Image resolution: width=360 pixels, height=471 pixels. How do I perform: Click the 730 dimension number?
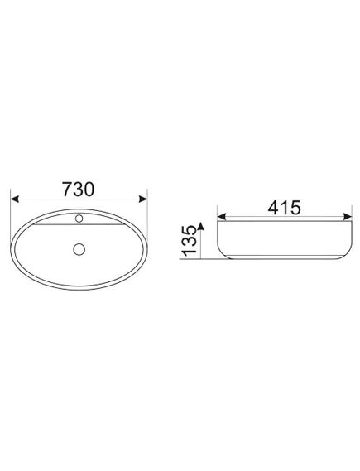click(x=78, y=189)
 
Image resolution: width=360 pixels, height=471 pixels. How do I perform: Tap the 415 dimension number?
click(x=284, y=208)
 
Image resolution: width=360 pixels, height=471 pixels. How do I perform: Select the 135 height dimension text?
click(x=190, y=241)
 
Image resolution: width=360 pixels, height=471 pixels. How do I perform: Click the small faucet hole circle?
click(x=79, y=219)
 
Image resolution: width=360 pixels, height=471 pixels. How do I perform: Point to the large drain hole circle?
click(x=79, y=249)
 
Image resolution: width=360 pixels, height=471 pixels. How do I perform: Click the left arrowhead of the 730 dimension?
click(x=15, y=199)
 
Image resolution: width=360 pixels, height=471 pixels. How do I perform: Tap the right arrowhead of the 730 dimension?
click(x=143, y=199)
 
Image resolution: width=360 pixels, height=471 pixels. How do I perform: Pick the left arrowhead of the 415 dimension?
click(x=222, y=217)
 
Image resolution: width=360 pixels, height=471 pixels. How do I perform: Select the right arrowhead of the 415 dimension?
click(x=348, y=217)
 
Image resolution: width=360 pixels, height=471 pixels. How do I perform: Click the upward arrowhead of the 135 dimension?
click(x=201, y=226)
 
